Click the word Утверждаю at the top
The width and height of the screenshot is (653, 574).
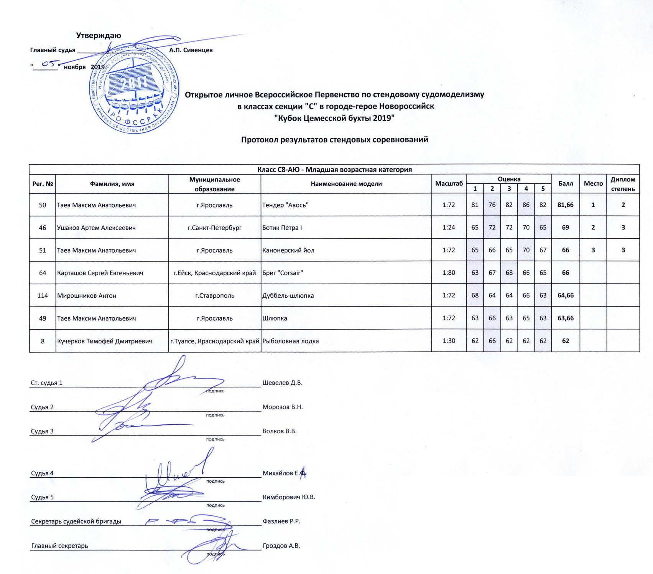99,36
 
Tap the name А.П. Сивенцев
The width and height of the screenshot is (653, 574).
191,50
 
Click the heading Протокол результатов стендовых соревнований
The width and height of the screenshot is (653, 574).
334,140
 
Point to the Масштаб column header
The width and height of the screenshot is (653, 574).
449,184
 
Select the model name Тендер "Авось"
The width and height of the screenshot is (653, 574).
285,205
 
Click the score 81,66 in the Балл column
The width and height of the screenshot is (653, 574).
565,205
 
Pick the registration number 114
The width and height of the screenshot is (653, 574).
43,295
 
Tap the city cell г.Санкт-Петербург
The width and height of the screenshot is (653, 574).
214,228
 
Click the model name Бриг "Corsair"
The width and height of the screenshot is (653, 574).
283,273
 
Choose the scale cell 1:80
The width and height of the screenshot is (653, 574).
449,273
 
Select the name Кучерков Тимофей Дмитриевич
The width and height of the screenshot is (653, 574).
104,341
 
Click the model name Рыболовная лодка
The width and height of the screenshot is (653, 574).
290,341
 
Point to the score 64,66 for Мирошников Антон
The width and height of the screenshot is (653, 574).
565,295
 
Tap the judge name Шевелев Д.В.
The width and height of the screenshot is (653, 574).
282,383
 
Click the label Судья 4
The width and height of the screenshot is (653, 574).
42,473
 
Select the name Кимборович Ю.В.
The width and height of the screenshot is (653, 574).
288,497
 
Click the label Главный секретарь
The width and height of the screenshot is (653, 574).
59,546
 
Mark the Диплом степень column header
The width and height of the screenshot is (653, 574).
623,184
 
